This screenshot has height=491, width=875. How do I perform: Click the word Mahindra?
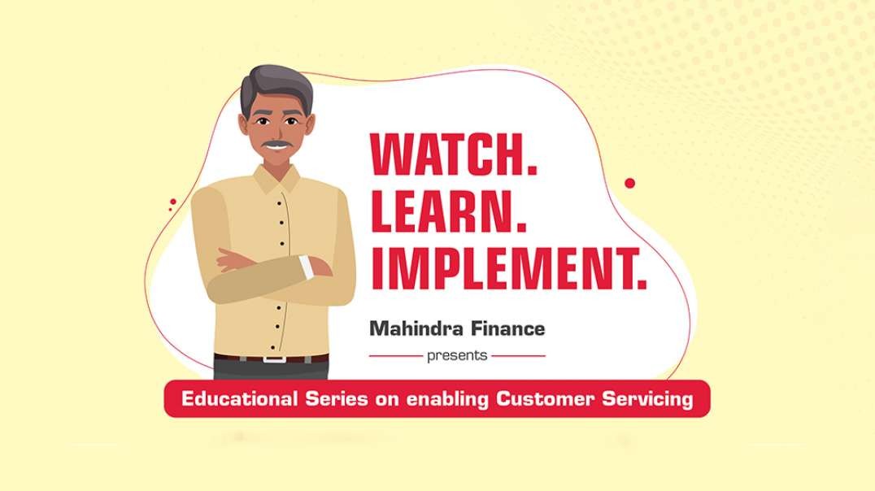click(417, 328)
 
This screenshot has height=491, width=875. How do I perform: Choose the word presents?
click(457, 356)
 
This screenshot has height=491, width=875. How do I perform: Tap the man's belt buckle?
click(275, 358)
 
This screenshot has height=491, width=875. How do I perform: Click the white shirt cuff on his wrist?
click(307, 267)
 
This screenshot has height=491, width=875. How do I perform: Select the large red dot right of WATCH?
click(629, 183)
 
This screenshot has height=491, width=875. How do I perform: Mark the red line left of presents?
click(396, 355)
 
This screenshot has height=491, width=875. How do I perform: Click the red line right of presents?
click(518, 355)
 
